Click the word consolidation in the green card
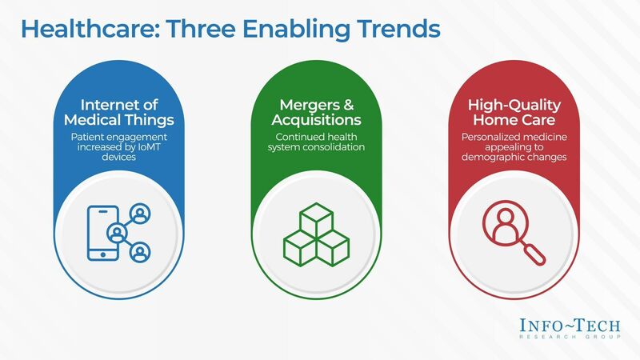350,146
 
